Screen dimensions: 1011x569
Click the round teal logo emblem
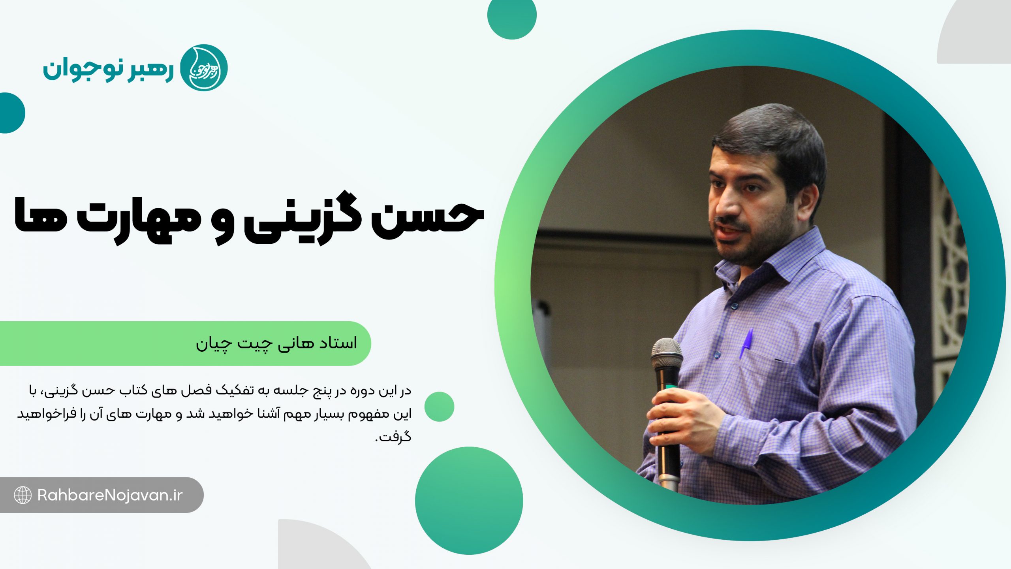click(204, 68)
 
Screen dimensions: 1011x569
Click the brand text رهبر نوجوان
click(108, 70)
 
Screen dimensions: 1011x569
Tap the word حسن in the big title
click(428, 218)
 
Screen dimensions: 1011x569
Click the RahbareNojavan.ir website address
click(110, 495)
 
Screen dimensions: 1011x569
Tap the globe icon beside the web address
click(23, 495)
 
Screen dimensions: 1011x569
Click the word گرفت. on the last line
click(393, 437)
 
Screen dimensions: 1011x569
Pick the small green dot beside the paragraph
click(439, 407)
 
